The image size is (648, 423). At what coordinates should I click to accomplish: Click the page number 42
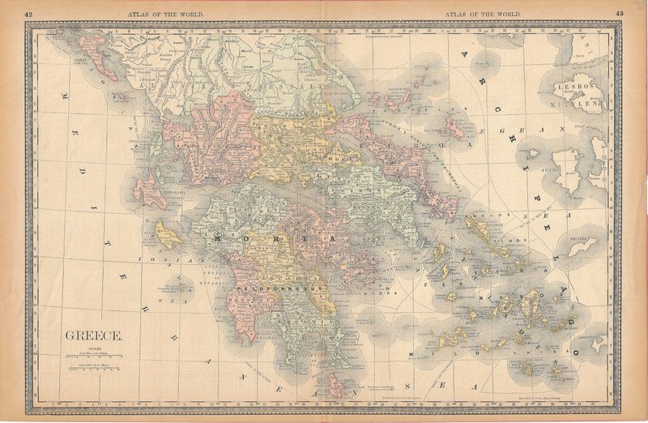point(29,14)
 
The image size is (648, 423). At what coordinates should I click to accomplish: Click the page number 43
point(619,14)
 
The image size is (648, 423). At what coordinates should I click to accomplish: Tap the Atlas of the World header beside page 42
point(165,14)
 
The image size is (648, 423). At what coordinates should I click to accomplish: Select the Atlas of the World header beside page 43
point(482,14)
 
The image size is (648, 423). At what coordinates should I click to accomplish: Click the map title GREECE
point(94,335)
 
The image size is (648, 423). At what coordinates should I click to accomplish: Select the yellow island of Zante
point(168,235)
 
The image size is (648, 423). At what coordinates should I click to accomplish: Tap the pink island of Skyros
point(455,127)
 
